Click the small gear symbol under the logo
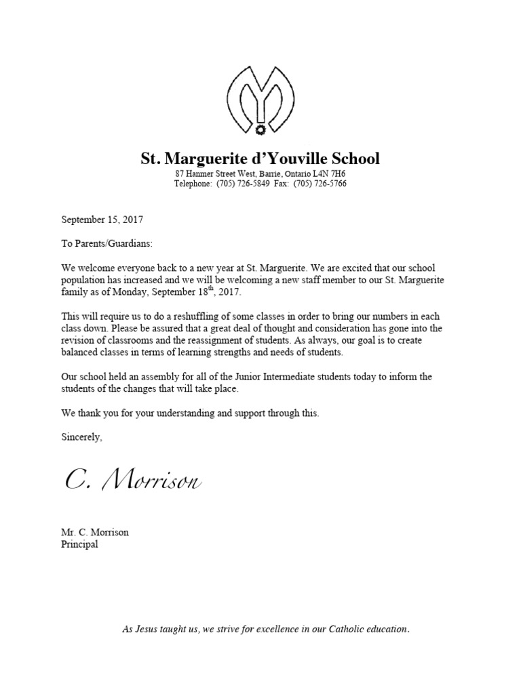(x=260, y=128)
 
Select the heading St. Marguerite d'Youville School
(x=260, y=159)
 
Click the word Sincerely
(x=81, y=437)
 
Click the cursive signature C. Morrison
(x=133, y=481)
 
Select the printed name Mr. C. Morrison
(x=95, y=532)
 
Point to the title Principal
(x=79, y=544)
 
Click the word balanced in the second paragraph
(x=81, y=353)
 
